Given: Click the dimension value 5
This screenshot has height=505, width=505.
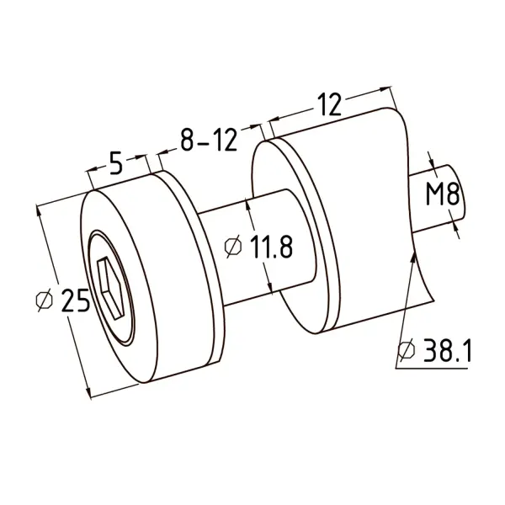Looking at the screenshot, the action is coord(116,162).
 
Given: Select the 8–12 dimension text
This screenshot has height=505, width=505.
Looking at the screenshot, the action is coord(209,141).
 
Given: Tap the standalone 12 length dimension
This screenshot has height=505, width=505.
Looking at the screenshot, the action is coord(329,104).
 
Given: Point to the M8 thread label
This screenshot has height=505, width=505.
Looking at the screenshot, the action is coord(443,194).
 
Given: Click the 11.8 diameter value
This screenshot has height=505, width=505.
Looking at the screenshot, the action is coord(271,247).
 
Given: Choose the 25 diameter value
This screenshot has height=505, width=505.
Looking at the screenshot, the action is coord(75,300).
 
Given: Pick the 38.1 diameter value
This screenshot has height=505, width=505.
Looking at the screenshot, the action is coord(447,350).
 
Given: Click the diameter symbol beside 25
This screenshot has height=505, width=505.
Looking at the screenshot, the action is coord(44,300).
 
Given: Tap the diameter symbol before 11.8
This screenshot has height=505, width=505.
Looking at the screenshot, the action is coord(232,247).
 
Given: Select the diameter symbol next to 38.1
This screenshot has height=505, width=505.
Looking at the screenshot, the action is coord(407,350).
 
